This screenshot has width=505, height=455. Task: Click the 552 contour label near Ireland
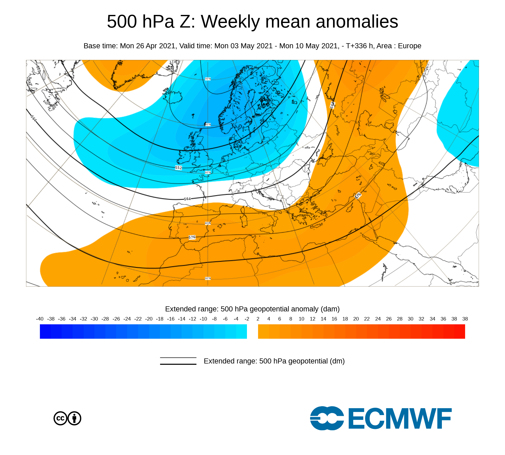tap(178, 168)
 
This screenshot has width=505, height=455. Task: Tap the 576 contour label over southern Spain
tap(192, 237)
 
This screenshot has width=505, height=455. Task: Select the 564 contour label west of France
tap(187, 199)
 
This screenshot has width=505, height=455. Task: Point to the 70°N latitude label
tap(208, 79)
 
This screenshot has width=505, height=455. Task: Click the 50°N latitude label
tap(208, 173)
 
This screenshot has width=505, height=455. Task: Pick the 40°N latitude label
tap(208, 223)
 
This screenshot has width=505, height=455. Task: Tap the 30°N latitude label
tap(208, 278)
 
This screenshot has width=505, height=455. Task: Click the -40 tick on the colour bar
tap(40, 319)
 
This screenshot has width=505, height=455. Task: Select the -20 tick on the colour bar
tap(149, 319)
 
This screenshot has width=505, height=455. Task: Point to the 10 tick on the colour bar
tap(301, 319)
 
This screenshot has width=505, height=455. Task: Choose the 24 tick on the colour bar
tap(378, 319)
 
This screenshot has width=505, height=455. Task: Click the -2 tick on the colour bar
tap(247, 319)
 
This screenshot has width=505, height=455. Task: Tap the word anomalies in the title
tap(357, 22)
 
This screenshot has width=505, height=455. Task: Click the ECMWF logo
tap(381, 418)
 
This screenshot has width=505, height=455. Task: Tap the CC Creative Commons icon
tap(60, 418)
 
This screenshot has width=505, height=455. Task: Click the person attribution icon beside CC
tap(74, 418)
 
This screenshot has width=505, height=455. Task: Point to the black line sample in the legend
tap(178, 361)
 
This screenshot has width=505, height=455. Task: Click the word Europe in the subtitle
tap(410, 46)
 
